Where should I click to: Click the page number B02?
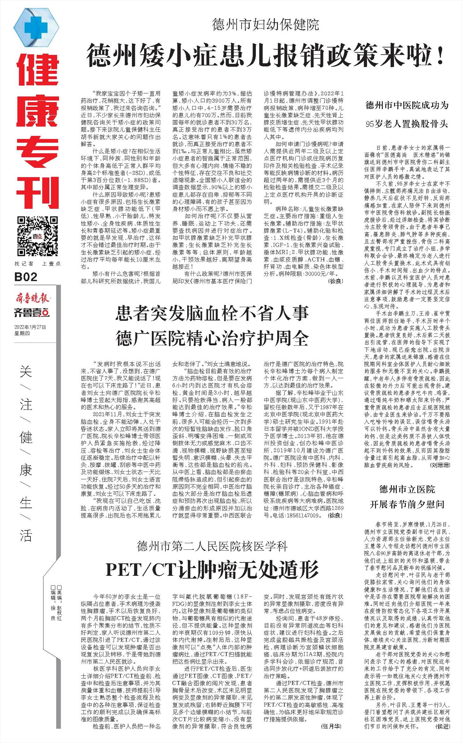pyautogui.click(x=26, y=277)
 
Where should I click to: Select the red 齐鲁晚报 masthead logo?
pyautogui.click(x=32, y=298)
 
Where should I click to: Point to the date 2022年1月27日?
pyautogui.click(x=30, y=327)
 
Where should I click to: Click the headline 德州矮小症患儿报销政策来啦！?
pyautogui.click(x=265, y=56)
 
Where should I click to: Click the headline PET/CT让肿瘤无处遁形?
pyautogui.click(x=212, y=570)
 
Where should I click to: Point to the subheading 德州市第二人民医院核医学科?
pyautogui.click(x=212, y=546)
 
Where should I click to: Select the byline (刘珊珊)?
pyautogui.click(x=440, y=465)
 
